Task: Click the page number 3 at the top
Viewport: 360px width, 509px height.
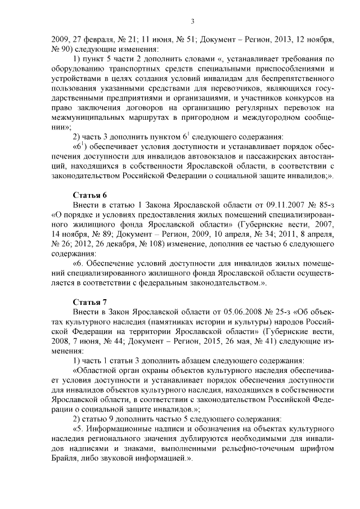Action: click(192, 21)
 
